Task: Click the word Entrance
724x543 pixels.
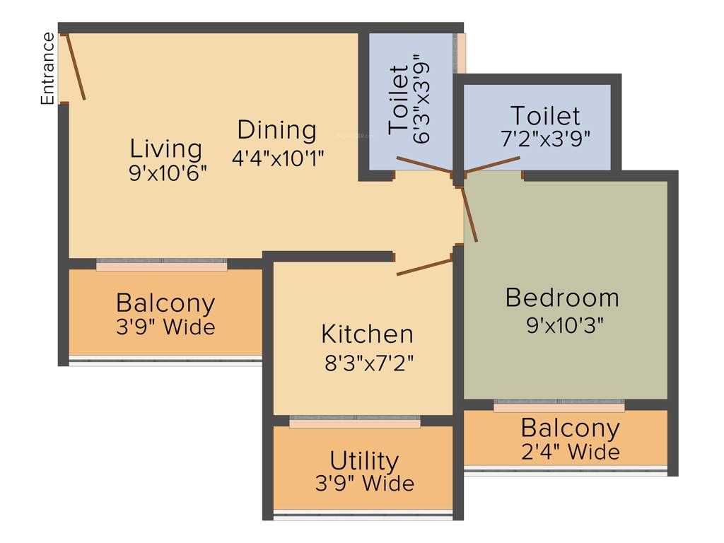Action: coord(47,69)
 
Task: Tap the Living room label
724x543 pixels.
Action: coord(166,149)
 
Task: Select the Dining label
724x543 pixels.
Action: coord(276,130)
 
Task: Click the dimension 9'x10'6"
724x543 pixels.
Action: coord(168,174)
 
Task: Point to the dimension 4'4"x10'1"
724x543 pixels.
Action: coord(278,156)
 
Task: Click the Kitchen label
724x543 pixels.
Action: coord(367,334)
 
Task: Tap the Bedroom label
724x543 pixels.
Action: coord(562,298)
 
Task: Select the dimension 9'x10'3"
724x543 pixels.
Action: coord(564,325)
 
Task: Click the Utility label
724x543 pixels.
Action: coord(364,461)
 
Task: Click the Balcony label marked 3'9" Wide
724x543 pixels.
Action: coord(165,303)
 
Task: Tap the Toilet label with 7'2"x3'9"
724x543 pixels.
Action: coord(545,115)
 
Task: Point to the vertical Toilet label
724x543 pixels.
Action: coord(398,99)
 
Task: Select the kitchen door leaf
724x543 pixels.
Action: coord(424,267)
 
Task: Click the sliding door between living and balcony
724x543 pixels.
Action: coord(162,265)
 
